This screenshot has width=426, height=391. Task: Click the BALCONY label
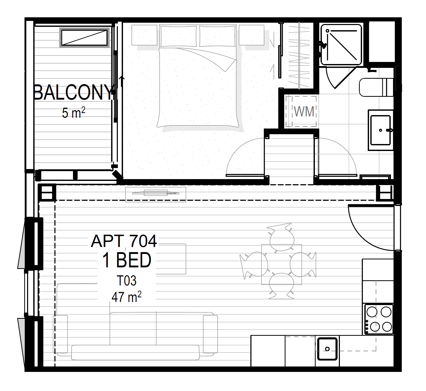[x=73, y=92]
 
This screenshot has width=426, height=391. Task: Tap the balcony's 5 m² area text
[x=73, y=113]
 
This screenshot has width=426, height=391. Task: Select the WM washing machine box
[x=301, y=111]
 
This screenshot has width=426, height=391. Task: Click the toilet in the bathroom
[x=376, y=87]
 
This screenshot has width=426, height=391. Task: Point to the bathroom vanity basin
[x=381, y=130]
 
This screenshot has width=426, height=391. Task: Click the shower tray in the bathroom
[x=341, y=45]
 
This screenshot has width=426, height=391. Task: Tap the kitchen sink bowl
[x=327, y=349]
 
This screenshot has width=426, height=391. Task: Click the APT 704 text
[x=124, y=241]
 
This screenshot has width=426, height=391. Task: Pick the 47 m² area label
[x=126, y=297]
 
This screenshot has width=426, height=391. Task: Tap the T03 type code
[x=126, y=281]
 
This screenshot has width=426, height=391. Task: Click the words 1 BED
[x=127, y=260]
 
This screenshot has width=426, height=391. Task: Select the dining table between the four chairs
[x=281, y=264]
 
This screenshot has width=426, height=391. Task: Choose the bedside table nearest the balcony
[x=144, y=35]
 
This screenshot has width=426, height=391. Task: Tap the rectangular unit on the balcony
[x=84, y=38]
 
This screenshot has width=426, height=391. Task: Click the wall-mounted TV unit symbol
[x=155, y=194]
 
